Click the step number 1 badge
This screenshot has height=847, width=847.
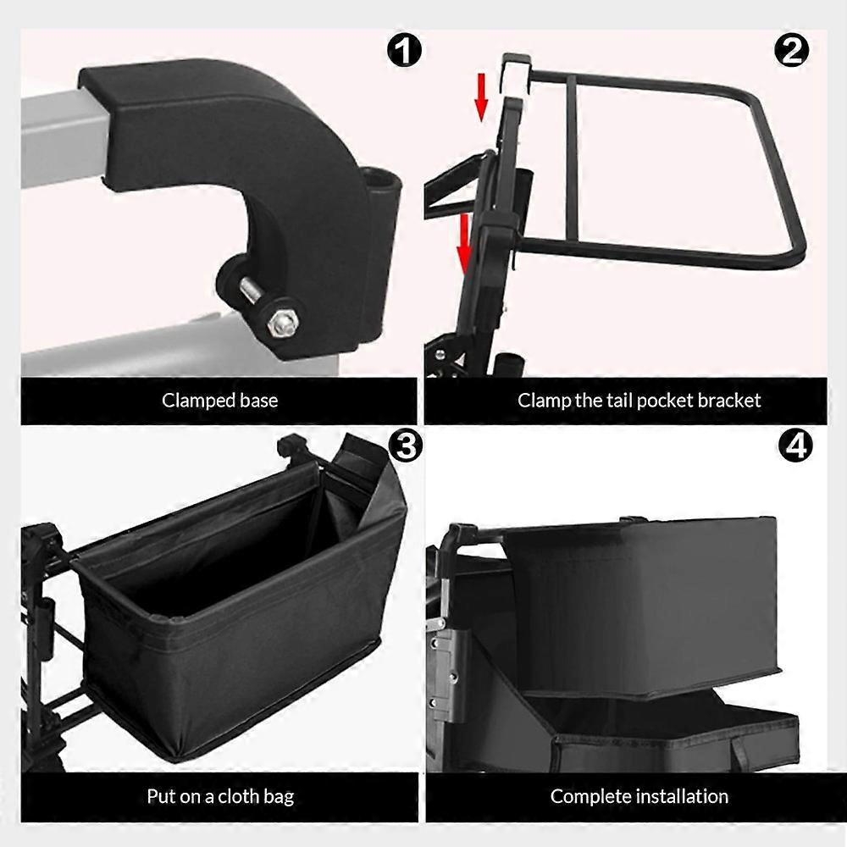pos(404,52)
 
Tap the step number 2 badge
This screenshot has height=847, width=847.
pos(791,52)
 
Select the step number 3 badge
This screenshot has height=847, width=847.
pos(405,446)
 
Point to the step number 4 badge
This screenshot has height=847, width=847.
pos(795,446)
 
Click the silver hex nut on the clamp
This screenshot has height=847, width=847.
pos(281,323)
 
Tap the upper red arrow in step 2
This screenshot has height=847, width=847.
pos(481,97)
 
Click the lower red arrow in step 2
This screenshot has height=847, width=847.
pos(464,244)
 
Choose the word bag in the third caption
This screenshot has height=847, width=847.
pos(280,798)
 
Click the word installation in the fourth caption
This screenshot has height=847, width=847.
pos(683,796)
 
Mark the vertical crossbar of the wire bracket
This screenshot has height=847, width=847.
pos(573,158)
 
